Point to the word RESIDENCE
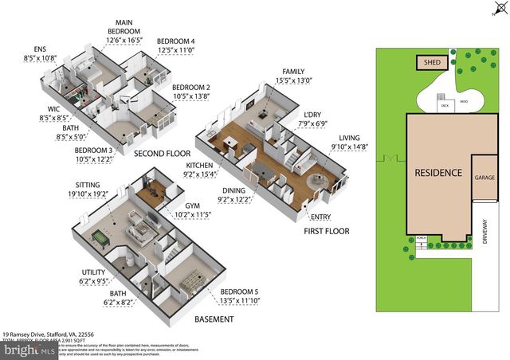coord(437,173)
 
